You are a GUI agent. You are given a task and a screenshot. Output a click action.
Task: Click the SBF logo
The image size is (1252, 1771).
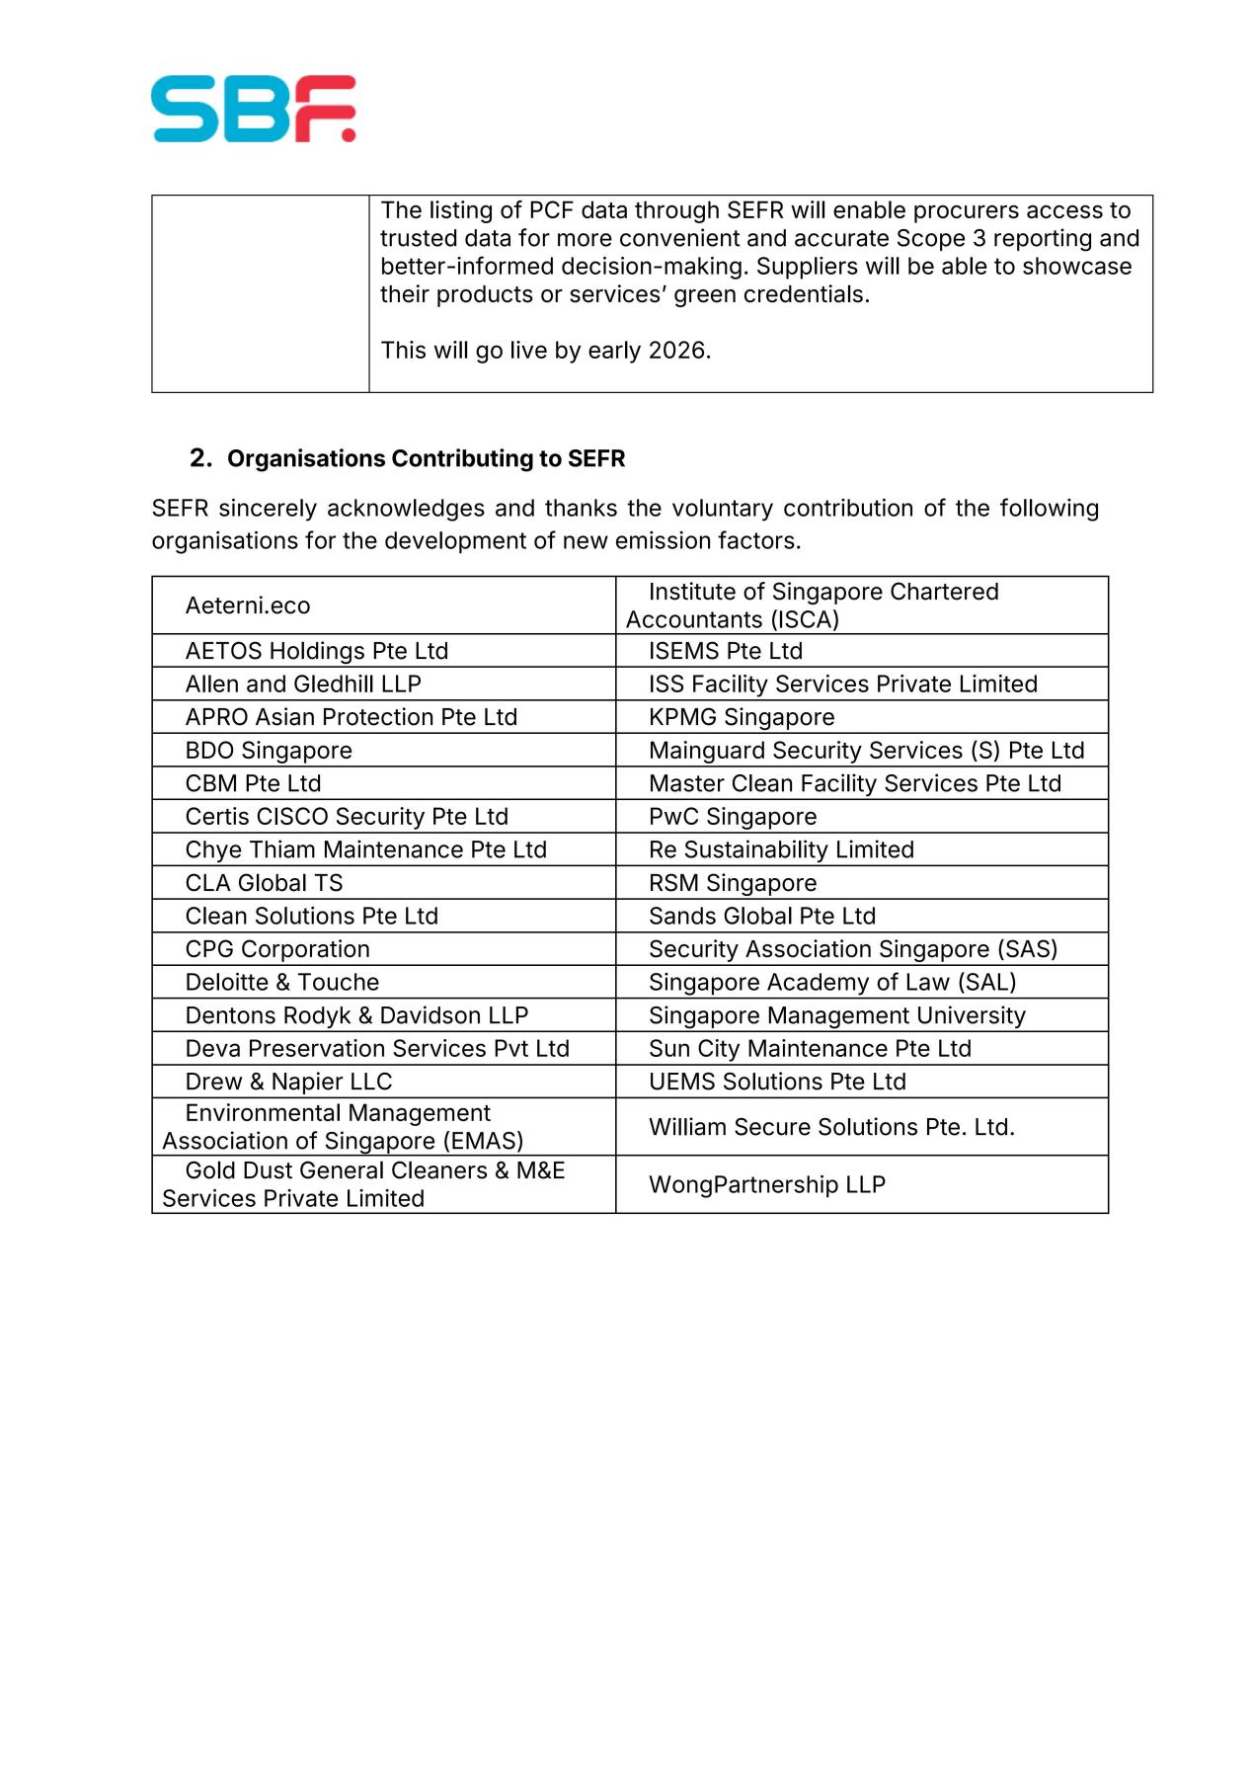pyautogui.click(x=253, y=109)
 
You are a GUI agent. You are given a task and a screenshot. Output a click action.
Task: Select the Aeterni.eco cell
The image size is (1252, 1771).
pyautogui.click(x=248, y=605)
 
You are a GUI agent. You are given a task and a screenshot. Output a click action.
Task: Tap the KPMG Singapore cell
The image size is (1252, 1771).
pyautogui.click(x=741, y=717)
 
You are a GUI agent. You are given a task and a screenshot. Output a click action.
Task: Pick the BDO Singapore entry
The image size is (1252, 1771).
pyautogui.click(x=269, y=751)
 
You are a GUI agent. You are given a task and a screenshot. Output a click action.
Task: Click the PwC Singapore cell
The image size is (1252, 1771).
pyautogui.click(x=732, y=817)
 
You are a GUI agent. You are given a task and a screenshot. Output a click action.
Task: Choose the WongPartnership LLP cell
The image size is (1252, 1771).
pyautogui.click(x=766, y=1184)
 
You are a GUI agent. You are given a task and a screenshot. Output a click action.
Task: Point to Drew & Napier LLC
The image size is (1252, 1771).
pyautogui.click(x=288, y=1082)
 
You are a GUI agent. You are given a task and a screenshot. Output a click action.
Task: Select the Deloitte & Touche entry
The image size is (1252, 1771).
pyautogui.click(x=281, y=982)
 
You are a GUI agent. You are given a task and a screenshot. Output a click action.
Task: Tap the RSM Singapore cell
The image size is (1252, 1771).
pyautogui.click(x=732, y=883)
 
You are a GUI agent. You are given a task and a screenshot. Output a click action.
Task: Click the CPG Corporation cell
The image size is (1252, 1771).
pyautogui.click(x=277, y=949)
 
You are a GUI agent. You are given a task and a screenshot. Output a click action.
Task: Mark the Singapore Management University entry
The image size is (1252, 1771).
pyautogui.click(x=836, y=1015)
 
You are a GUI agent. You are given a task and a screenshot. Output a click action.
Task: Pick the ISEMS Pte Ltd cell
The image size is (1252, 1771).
pyautogui.click(x=725, y=651)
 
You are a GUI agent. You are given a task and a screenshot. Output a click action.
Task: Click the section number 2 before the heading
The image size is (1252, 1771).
pyautogui.click(x=200, y=458)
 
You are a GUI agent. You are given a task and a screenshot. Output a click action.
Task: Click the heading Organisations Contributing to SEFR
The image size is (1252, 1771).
pyautogui.click(x=426, y=459)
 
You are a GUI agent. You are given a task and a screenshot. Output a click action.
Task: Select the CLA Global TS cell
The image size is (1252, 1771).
pyautogui.click(x=264, y=883)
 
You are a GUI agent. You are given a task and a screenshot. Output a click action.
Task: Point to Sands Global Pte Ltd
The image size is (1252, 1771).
pyautogui.click(x=761, y=916)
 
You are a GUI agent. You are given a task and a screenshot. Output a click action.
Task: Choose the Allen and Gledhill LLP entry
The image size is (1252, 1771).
pyautogui.click(x=303, y=684)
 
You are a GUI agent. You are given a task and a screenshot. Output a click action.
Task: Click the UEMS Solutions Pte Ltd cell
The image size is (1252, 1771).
pyautogui.click(x=776, y=1082)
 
